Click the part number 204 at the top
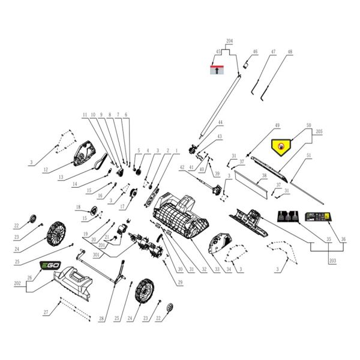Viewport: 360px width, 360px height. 229,41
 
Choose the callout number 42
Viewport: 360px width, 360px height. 182,167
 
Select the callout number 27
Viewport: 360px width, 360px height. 46,313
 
